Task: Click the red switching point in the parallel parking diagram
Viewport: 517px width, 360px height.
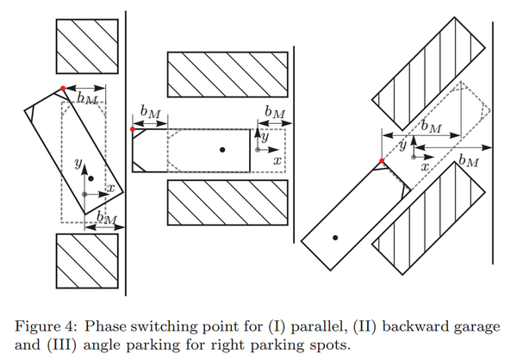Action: point(64,88)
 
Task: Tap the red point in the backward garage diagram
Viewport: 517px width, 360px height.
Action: point(131,129)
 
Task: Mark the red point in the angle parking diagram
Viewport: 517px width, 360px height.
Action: point(381,162)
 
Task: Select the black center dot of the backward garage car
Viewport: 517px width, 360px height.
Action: point(222,150)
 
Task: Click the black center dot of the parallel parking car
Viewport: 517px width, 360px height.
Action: point(90,177)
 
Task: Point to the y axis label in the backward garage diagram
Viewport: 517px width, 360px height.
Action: point(265,136)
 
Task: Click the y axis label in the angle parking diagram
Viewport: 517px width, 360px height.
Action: point(402,147)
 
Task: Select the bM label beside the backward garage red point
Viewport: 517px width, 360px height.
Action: point(151,112)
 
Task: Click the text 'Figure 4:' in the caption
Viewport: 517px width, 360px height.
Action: point(42,325)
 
